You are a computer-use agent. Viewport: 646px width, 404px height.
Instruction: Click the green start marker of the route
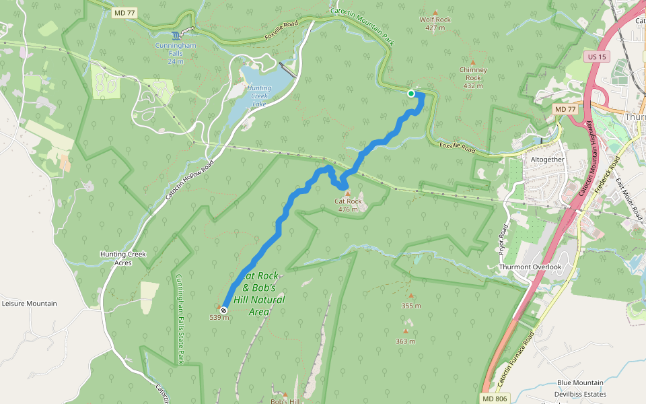411,94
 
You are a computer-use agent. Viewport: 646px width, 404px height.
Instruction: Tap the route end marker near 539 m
223,310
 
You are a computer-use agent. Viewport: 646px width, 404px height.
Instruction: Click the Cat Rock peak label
348,201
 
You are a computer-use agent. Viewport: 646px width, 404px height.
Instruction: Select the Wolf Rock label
435,20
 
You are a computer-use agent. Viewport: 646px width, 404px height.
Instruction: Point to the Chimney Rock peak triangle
472,62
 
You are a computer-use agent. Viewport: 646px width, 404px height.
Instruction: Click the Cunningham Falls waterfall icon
176,35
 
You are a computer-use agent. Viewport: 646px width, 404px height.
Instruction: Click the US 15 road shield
597,57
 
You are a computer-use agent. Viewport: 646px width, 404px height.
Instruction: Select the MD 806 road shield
495,399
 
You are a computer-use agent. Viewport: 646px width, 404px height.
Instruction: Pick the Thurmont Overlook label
530,267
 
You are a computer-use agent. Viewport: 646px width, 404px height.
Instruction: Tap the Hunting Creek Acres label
122,258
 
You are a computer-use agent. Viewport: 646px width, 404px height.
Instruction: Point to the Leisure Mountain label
29,304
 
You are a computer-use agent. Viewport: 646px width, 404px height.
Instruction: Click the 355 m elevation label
410,306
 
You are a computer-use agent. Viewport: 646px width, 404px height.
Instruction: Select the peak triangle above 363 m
405,331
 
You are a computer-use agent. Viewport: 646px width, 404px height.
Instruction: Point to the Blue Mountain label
580,383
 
